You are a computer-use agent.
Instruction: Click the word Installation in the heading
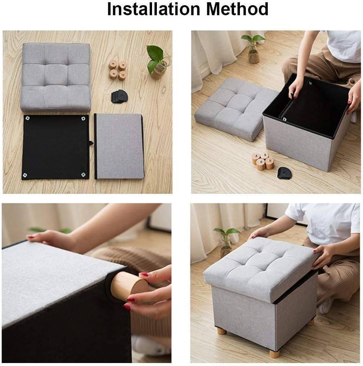pyautogui.click(x=153, y=9)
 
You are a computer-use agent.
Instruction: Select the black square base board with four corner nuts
pyautogui.click(x=55, y=147)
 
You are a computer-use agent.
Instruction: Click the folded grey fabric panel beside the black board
pyautogui.click(x=119, y=146)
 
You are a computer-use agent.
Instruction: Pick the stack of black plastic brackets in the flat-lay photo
pyautogui.click(x=119, y=96)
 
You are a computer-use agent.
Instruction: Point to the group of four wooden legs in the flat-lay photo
pyautogui.click(x=118, y=69)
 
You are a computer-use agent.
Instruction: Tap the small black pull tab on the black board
pyautogui.click(x=90, y=143)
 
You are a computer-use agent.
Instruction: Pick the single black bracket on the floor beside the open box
pyautogui.click(x=284, y=173)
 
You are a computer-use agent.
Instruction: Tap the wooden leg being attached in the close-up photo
pyautogui.click(x=128, y=286)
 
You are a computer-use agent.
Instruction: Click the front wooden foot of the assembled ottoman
pyautogui.click(x=274, y=353)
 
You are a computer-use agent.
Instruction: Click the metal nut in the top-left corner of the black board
pyautogui.click(x=27, y=118)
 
